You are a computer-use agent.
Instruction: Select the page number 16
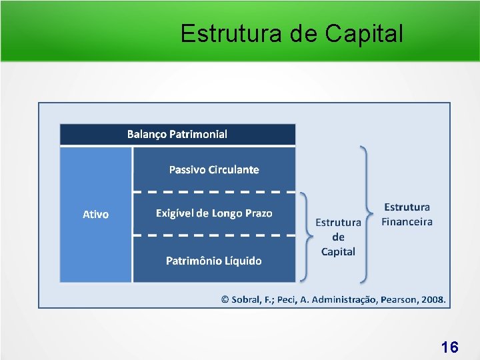449,347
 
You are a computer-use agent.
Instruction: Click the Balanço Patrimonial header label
177,134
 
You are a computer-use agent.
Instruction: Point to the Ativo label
95,214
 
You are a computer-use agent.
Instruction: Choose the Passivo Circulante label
214,169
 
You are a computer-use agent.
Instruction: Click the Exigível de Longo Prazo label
214,213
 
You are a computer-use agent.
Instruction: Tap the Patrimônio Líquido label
214,260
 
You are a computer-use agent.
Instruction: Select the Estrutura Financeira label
407,215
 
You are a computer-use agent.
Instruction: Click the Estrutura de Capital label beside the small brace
338,237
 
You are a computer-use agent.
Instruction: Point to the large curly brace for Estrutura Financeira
366,213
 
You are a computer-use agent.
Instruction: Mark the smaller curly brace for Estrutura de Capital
305,237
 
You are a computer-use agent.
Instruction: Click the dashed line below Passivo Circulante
214,192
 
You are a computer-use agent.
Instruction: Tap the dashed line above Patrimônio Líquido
214,235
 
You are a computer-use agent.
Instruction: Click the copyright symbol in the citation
225,299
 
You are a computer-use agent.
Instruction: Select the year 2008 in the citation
433,299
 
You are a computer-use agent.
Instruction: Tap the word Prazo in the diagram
257,213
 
